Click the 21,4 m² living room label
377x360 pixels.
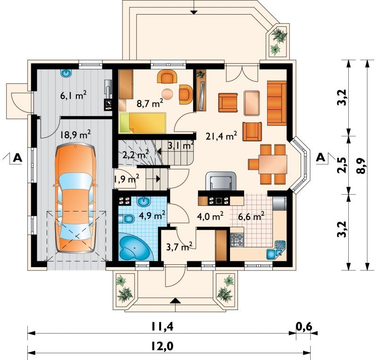pyautogui.click(x=221, y=136)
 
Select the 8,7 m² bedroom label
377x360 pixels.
pyautogui.click(x=150, y=103)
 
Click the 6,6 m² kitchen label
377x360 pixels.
pyautogui.click(x=251, y=216)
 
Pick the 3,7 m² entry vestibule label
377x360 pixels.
pyautogui.click(x=179, y=246)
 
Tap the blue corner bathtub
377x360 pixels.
pyautogui.click(x=135, y=247)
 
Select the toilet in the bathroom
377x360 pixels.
pyautogui.click(x=126, y=219)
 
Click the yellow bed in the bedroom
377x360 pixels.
pyautogui.click(x=143, y=123)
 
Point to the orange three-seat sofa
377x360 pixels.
pyautogui.click(x=277, y=103)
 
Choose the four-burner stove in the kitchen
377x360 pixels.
pyautogui.click(x=237, y=240)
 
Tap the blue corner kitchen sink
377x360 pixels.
pyautogui.click(x=276, y=250)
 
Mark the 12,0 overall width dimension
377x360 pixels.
pyautogui.click(x=162, y=346)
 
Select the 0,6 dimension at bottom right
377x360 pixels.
pyautogui.click(x=303, y=327)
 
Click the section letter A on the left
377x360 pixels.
pyautogui.click(x=17, y=157)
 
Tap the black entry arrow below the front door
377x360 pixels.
pyautogui.click(x=176, y=300)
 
